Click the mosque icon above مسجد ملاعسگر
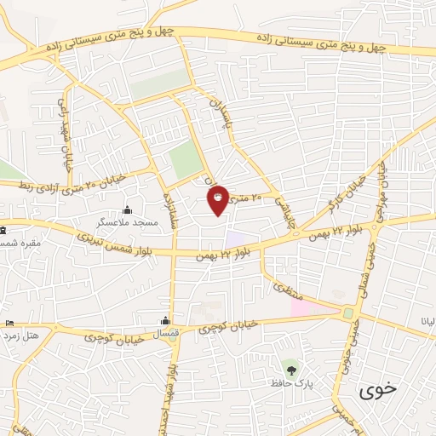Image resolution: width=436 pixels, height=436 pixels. click(128, 210)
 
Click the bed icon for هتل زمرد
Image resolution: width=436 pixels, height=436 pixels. click(9, 324)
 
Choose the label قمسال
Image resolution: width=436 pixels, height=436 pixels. click(167, 333)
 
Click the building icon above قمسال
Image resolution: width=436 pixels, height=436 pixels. click(167, 321)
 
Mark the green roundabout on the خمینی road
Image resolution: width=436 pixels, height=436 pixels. click(347, 314)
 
